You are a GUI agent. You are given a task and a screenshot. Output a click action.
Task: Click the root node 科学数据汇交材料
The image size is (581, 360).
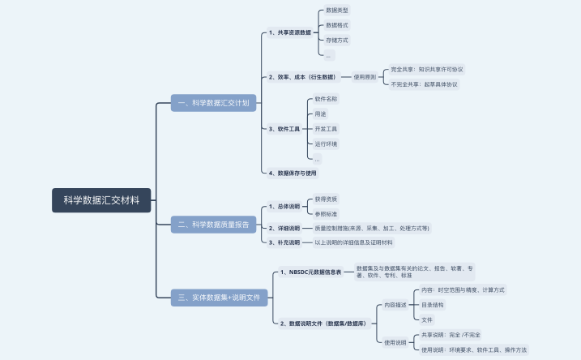click(x=101, y=200)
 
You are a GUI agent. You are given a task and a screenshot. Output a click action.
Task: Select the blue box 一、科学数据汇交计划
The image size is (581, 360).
click(x=215, y=103)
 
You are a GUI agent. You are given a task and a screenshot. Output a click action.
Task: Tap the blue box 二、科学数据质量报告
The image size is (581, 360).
click(x=215, y=224)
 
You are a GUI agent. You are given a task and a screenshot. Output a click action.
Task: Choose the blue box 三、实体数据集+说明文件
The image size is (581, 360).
click(x=220, y=298)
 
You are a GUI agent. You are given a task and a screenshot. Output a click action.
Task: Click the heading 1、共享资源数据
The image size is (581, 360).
click(x=290, y=33)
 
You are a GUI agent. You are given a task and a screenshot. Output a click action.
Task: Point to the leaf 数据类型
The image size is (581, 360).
click(x=337, y=11)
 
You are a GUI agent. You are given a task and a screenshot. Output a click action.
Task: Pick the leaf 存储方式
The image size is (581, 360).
click(x=337, y=40)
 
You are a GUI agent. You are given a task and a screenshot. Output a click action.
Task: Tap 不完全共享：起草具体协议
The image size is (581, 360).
click(x=425, y=84)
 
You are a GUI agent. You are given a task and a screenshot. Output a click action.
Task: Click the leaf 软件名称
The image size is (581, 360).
click(x=327, y=99)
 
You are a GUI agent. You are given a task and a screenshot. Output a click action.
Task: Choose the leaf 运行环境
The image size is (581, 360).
click(x=327, y=144)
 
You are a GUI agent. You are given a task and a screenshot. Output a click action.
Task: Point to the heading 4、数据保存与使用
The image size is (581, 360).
click(x=293, y=173)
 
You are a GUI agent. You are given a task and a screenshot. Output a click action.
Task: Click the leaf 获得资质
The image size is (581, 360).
click(x=327, y=199)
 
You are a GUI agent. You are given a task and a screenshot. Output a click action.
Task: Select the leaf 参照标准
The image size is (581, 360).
click(x=327, y=214)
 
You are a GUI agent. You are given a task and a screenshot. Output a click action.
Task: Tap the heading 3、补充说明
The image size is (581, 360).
click(x=284, y=242)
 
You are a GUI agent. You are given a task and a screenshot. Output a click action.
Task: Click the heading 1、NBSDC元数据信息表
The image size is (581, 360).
click(x=310, y=272)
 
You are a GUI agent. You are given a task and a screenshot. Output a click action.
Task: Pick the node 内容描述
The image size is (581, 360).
click(x=396, y=305)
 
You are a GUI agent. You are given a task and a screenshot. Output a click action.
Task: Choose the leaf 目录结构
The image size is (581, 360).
click(x=433, y=305)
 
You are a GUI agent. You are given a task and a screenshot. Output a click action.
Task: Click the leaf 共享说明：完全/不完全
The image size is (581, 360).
click(x=451, y=335)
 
